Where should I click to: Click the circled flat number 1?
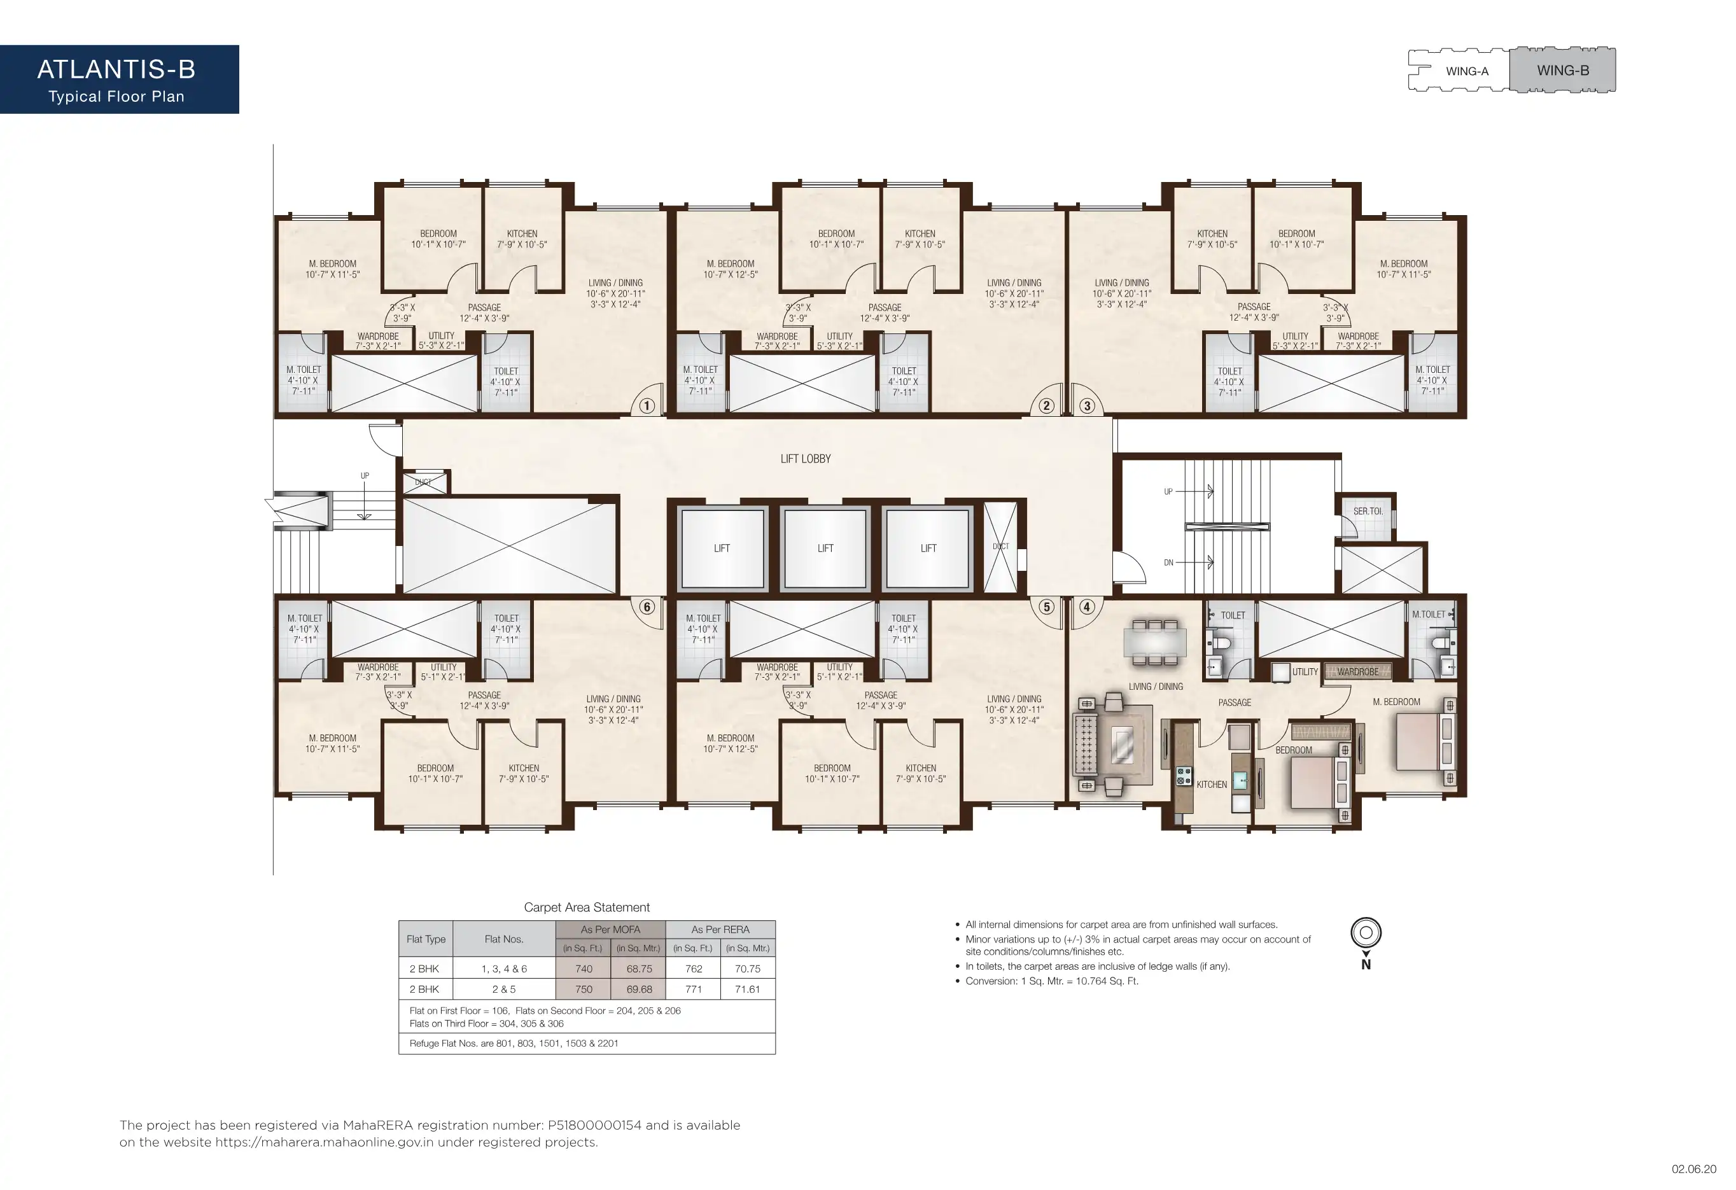(647, 407)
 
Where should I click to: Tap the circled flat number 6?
(647, 606)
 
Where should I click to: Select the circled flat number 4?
(1087, 606)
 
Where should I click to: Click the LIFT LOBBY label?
(805, 459)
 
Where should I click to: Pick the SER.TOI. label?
(1368, 511)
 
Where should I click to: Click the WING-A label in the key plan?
(1467, 72)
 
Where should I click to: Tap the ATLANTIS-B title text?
(116, 69)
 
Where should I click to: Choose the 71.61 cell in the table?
(748, 989)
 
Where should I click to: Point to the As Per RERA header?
(720, 929)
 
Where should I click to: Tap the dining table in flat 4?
(1155, 640)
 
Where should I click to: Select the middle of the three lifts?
(825, 549)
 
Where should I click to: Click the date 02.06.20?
(1693, 1169)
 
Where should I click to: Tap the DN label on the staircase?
(1168, 563)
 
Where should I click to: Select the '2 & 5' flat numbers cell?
(503, 989)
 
